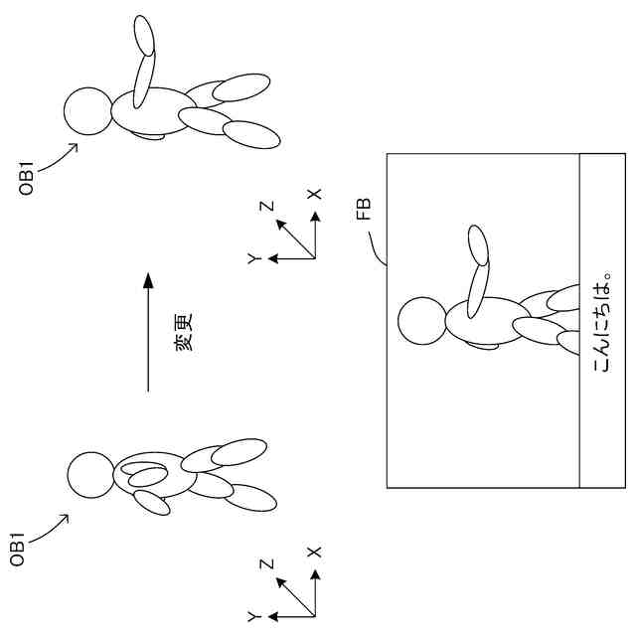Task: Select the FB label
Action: point(364,209)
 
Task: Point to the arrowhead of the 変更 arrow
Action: point(147,280)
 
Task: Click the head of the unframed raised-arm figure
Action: point(87,111)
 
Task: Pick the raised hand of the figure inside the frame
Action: point(478,244)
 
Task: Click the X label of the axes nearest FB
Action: point(315,195)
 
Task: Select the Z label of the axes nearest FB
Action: point(266,207)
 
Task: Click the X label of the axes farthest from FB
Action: point(315,550)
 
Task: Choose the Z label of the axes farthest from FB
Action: point(266,563)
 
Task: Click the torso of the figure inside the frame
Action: point(485,323)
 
